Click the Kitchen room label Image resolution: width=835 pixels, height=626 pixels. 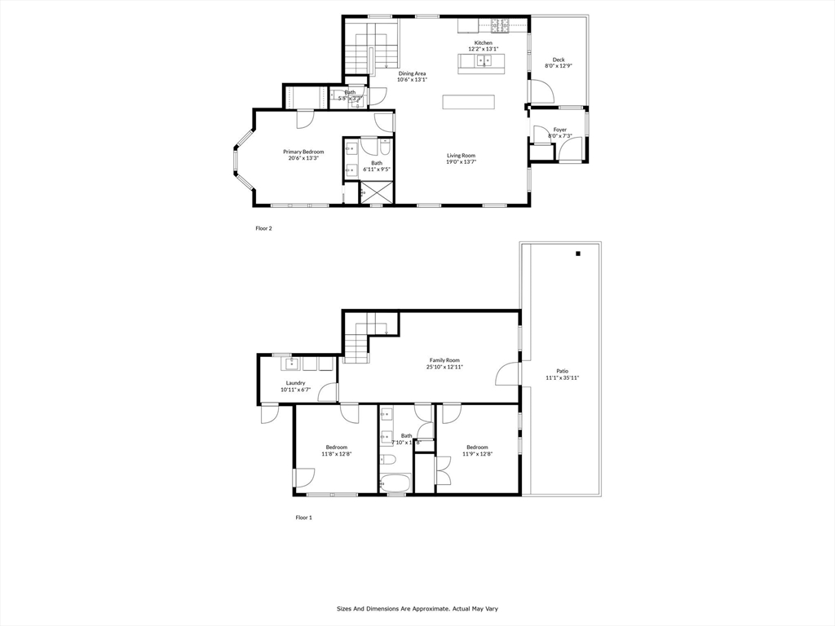point(484,42)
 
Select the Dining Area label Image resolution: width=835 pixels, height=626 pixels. point(412,73)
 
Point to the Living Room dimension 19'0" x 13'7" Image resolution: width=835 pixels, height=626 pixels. point(461,162)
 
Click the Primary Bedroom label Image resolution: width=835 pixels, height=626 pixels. point(303,152)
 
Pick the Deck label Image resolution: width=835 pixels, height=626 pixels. point(559,60)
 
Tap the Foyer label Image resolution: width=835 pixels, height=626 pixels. point(560,129)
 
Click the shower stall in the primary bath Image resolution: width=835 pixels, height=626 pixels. point(377,193)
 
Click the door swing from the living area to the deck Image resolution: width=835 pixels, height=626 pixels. point(541,91)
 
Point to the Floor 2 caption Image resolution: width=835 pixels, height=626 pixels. point(263,228)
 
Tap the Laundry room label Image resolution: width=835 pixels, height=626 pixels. point(295,383)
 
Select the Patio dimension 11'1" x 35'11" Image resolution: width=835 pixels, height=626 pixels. point(563,378)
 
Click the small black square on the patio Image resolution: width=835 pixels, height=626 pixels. point(578,253)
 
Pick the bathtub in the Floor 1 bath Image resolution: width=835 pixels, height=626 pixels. point(396,483)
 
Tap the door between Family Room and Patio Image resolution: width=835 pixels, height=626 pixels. point(507,374)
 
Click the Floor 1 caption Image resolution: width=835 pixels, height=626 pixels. point(303,517)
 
